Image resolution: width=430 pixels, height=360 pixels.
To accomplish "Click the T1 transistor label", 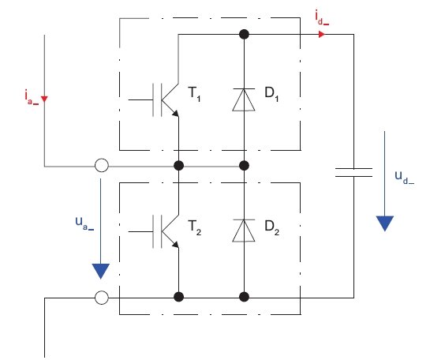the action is pyautogui.click(x=194, y=94).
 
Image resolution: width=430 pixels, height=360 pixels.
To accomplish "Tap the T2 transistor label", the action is pyautogui.click(x=195, y=227).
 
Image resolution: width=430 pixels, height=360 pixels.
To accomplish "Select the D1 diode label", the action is pyautogui.click(x=271, y=94).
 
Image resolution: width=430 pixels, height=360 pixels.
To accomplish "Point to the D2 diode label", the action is pyautogui.click(x=271, y=227).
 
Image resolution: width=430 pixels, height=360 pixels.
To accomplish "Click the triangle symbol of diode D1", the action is pyautogui.click(x=244, y=100).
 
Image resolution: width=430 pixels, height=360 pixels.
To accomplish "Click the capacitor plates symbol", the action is pyautogui.click(x=353, y=172).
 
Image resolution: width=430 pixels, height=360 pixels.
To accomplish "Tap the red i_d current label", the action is pyautogui.click(x=322, y=18).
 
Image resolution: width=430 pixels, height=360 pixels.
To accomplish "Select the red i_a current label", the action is pyautogui.click(x=32, y=97).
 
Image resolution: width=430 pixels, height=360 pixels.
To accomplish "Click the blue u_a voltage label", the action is pyautogui.click(x=84, y=223).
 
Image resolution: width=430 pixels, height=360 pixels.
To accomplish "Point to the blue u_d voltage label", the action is pyautogui.click(x=405, y=178).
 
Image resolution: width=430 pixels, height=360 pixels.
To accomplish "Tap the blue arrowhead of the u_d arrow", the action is pyautogui.click(x=385, y=223).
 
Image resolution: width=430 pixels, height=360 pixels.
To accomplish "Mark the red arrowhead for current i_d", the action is pyautogui.click(x=322, y=34).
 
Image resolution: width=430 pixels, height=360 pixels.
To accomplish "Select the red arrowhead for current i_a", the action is pyautogui.click(x=44, y=99).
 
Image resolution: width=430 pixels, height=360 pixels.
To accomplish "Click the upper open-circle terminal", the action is pyautogui.click(x=102, y=166).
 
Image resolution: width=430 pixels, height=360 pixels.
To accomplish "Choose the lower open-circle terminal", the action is pyautogui.click(x=102, y=298).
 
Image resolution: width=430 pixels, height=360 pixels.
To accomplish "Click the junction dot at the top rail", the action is pyautogui.click(x=244, y=34).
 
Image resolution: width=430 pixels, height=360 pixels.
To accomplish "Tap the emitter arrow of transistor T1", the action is pyautogui.click(x=175, y=114).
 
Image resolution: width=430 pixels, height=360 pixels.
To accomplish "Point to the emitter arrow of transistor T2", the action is pyautogui.click(x=175, y=245).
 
